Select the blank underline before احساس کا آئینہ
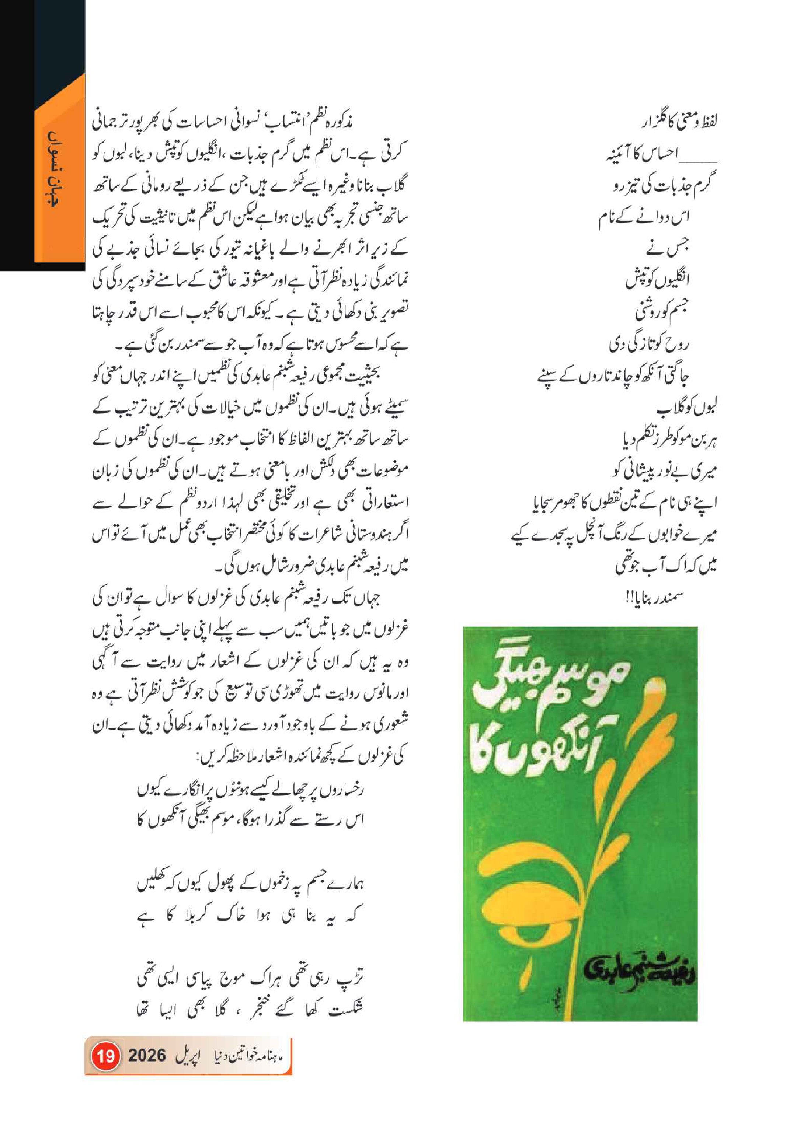point(700,161)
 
